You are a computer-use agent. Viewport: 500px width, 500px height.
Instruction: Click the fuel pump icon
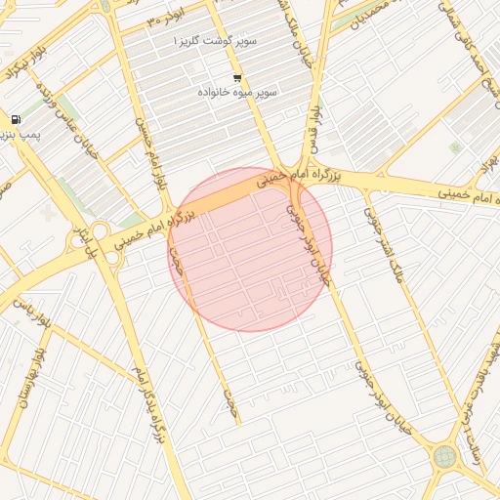point(17,119)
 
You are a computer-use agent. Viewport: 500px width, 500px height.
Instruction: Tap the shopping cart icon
point(237,77)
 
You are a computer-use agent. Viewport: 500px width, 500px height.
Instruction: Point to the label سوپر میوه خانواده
point(237,91)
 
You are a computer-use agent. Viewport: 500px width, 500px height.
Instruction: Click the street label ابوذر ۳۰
point(166,20)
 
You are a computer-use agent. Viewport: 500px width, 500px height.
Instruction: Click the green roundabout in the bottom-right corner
point(444,456)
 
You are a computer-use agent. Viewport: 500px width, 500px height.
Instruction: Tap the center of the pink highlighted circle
point(250,249)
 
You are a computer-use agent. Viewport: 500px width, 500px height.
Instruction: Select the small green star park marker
point(454,147)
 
